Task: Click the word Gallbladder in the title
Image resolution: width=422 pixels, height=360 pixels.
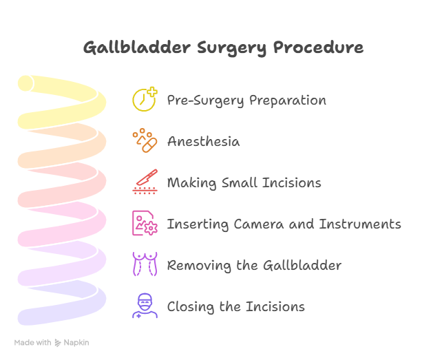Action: [137, 47]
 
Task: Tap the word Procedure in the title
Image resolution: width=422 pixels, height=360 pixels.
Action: [318, 47]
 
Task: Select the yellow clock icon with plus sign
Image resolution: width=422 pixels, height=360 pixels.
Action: [145, 99]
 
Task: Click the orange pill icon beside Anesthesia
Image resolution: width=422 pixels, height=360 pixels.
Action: [145, 140]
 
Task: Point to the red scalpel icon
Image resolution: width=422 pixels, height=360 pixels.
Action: [145, 182]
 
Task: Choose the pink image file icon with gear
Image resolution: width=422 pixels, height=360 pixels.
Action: [145, 223]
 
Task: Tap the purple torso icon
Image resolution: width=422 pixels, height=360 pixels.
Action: [145, 264]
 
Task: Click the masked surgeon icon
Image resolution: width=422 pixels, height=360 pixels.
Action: [145, 306]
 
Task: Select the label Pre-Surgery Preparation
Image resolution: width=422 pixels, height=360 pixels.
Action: [246, 100]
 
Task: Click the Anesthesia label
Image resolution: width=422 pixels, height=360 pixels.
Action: [204, 141]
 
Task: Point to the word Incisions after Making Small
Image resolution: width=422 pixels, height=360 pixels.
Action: [292, 182]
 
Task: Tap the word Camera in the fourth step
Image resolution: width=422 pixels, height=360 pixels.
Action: [259, 224]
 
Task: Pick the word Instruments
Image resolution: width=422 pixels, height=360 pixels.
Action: [360, 224]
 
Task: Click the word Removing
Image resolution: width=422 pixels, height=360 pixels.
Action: [199, 266]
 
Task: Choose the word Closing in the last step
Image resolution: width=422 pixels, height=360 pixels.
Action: [191, 307]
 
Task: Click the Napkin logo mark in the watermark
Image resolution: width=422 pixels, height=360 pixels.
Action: [58, 343]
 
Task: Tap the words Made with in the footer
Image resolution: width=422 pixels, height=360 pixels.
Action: [32, 343]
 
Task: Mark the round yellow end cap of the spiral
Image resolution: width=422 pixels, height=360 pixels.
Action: [25, 83]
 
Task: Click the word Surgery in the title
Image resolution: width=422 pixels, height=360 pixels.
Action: [232, 48]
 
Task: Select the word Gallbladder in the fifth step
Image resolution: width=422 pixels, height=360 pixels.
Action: [302, 265]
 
